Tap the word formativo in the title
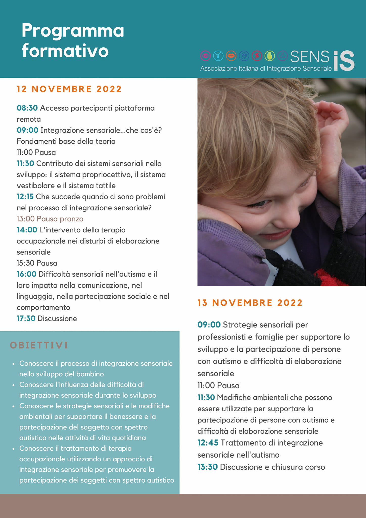coord(65,51)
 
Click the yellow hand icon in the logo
coord(269,56)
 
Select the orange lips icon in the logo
coord(231,56)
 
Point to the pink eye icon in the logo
coord(205,56)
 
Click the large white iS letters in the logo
coord(344,61)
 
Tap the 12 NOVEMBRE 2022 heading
coord(69,89)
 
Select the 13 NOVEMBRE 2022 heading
coord(250,303)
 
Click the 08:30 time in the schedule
coord(27,108)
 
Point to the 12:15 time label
coord(25,197)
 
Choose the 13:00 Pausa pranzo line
coord(50,219)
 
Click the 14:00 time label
coord(27,230)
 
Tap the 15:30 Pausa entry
coord(37,263)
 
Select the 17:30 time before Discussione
coord(26,318)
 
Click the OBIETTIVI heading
coord(39,345)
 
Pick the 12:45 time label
coord(208,443)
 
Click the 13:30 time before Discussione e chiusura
coord(208,467)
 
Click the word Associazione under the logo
coord(219,69)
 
